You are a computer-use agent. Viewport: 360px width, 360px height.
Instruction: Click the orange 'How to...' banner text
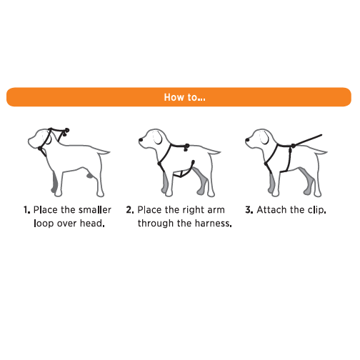point(184,97)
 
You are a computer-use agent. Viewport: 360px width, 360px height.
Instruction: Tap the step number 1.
point(26,210)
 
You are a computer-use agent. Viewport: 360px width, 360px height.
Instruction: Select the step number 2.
point(130,210)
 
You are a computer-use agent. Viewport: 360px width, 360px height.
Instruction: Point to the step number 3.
point(249,210)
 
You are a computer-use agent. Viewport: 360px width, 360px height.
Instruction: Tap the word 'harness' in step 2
point(213,224)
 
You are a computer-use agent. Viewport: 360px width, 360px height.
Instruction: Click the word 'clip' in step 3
point(317,210)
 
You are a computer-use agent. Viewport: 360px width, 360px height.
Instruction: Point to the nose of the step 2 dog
point(141,140)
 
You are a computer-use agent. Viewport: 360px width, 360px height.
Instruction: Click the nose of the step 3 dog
point(247,140)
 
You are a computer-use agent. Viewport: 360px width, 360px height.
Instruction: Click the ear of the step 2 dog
point(159,138)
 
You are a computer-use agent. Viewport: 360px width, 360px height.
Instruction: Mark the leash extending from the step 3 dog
point(308,140)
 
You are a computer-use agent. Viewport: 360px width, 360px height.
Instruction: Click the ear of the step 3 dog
point(264,138)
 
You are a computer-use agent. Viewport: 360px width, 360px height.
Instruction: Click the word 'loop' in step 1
point(44,224)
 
